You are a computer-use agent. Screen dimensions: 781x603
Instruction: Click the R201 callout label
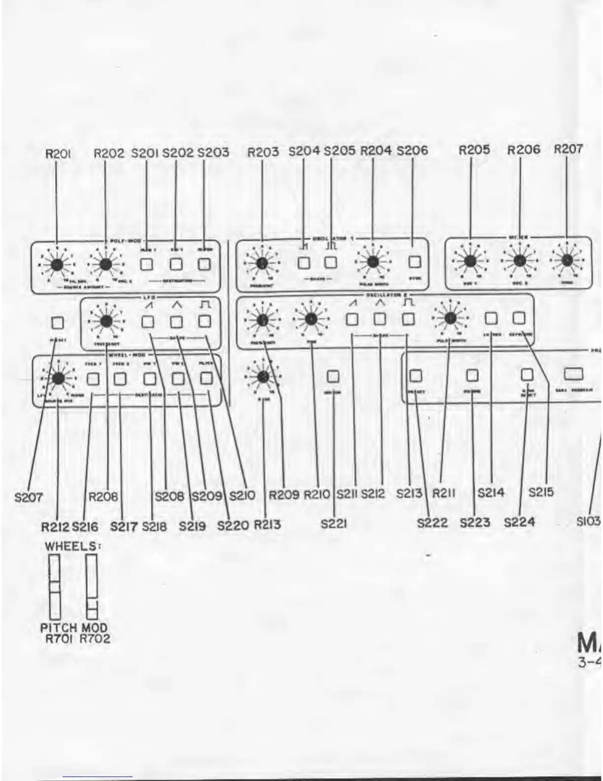click(x=57, y=154)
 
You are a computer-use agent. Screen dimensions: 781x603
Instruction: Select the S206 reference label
click(x=412, y=151)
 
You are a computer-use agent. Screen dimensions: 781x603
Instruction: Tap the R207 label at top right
click(x=569, y=149)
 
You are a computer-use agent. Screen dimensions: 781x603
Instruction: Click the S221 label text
click(x=334, y=524)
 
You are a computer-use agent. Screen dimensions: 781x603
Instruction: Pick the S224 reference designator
click(x=519, y=522)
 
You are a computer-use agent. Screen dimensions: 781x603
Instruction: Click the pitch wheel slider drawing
click(x=54, y=587)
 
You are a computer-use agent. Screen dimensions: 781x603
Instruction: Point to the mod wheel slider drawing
click(x=92, y=587)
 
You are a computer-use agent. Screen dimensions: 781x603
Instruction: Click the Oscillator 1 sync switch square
click(x=415, y=262)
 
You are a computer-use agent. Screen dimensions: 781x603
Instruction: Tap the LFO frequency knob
click(x=105, y=322)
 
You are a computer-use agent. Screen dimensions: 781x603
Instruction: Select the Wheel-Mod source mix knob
click(x=58, y=379)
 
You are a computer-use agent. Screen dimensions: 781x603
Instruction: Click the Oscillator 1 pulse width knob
click(x=372, y=262)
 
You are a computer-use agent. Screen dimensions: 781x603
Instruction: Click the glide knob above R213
click(x=263, y=377)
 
